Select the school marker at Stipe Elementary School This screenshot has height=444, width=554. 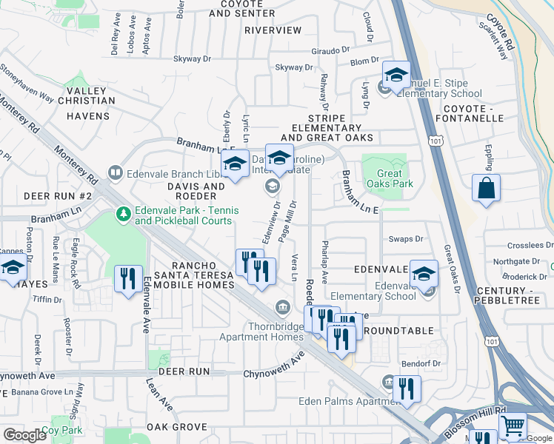[x=396, y=75]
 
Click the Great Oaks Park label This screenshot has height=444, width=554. [x=384, y=179]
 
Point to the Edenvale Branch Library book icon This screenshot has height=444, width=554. [x=116, y=174]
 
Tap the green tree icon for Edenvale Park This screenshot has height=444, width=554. [x=124, y=215]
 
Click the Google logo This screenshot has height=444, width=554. [x=24, y=435]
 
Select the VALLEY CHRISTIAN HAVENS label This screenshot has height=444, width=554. [x=88, y=104]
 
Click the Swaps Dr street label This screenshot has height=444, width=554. [x=406, y=239]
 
